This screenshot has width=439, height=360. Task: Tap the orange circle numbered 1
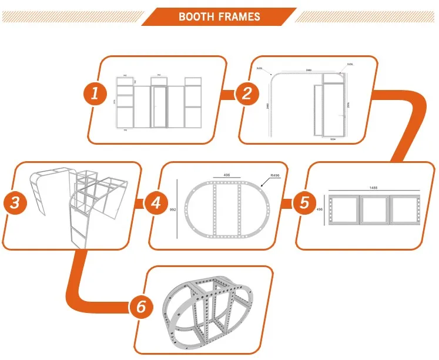(x=94, y=94)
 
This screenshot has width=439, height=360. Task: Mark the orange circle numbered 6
(x=141, y=308)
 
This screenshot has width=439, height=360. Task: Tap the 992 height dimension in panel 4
(x=173, y=208)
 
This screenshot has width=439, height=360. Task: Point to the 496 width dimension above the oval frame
(x=226, y=175)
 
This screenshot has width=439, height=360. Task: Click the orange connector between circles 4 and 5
(x=287, y=204)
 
